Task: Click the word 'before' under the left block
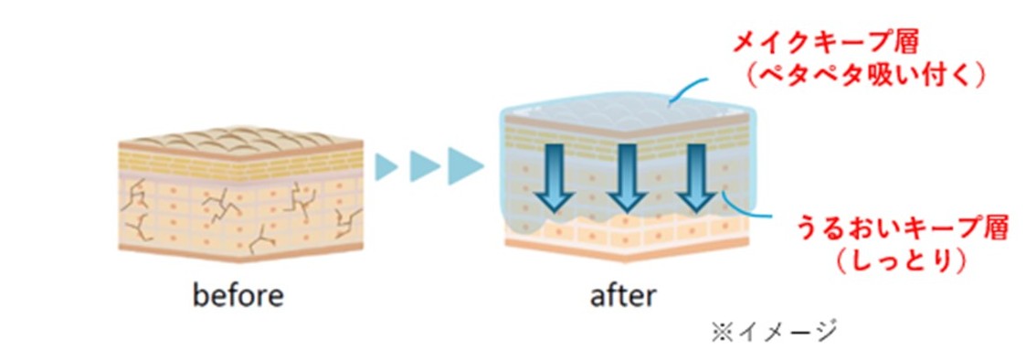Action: point(238,297)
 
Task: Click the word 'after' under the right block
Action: point(622,297)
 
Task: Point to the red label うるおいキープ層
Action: point(901,230)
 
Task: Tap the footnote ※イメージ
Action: point(774,332)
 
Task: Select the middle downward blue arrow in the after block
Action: point(626,176)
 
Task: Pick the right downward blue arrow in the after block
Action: point(698,176)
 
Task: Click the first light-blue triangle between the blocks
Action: point(386,166)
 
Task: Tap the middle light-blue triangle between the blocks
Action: point(423,166)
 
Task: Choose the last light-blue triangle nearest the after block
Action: point(465,165)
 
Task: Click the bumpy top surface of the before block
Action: point(240,139)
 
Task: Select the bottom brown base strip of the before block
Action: point(240,252)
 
